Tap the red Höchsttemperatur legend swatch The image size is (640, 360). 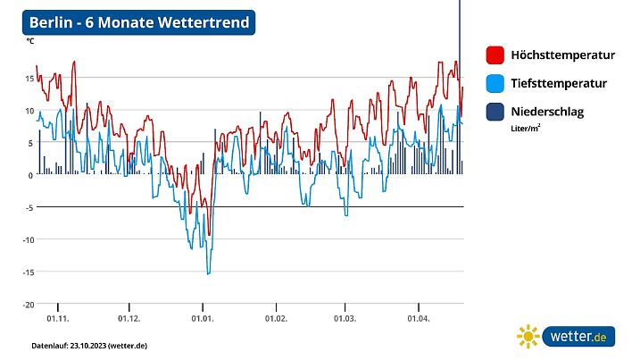click(495, 54)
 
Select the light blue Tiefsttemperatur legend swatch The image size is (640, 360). click(495, 83)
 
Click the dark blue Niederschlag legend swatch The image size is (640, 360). click(495, 112)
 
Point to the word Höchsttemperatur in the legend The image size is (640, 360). click(562, 55)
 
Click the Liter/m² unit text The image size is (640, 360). click(525, 128)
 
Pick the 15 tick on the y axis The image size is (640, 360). click(29, 79)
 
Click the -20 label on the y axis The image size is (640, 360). click(28, 304)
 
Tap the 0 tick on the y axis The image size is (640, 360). click(31, 175)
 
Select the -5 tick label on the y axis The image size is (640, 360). click(29, 207)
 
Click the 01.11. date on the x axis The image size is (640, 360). click(58, 318)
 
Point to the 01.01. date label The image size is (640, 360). click(203, 318)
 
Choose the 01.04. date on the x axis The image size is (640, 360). click(419, 318)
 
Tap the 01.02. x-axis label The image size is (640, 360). click(276, 318)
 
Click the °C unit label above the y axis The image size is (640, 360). click(30, 41)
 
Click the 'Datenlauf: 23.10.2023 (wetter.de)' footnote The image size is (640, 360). click(89, 345)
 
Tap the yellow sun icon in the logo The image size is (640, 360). click(528, 337)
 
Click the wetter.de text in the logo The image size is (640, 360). click(578, 337)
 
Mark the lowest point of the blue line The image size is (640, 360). click(209, 273)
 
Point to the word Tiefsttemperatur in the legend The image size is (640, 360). click(559, 84)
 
